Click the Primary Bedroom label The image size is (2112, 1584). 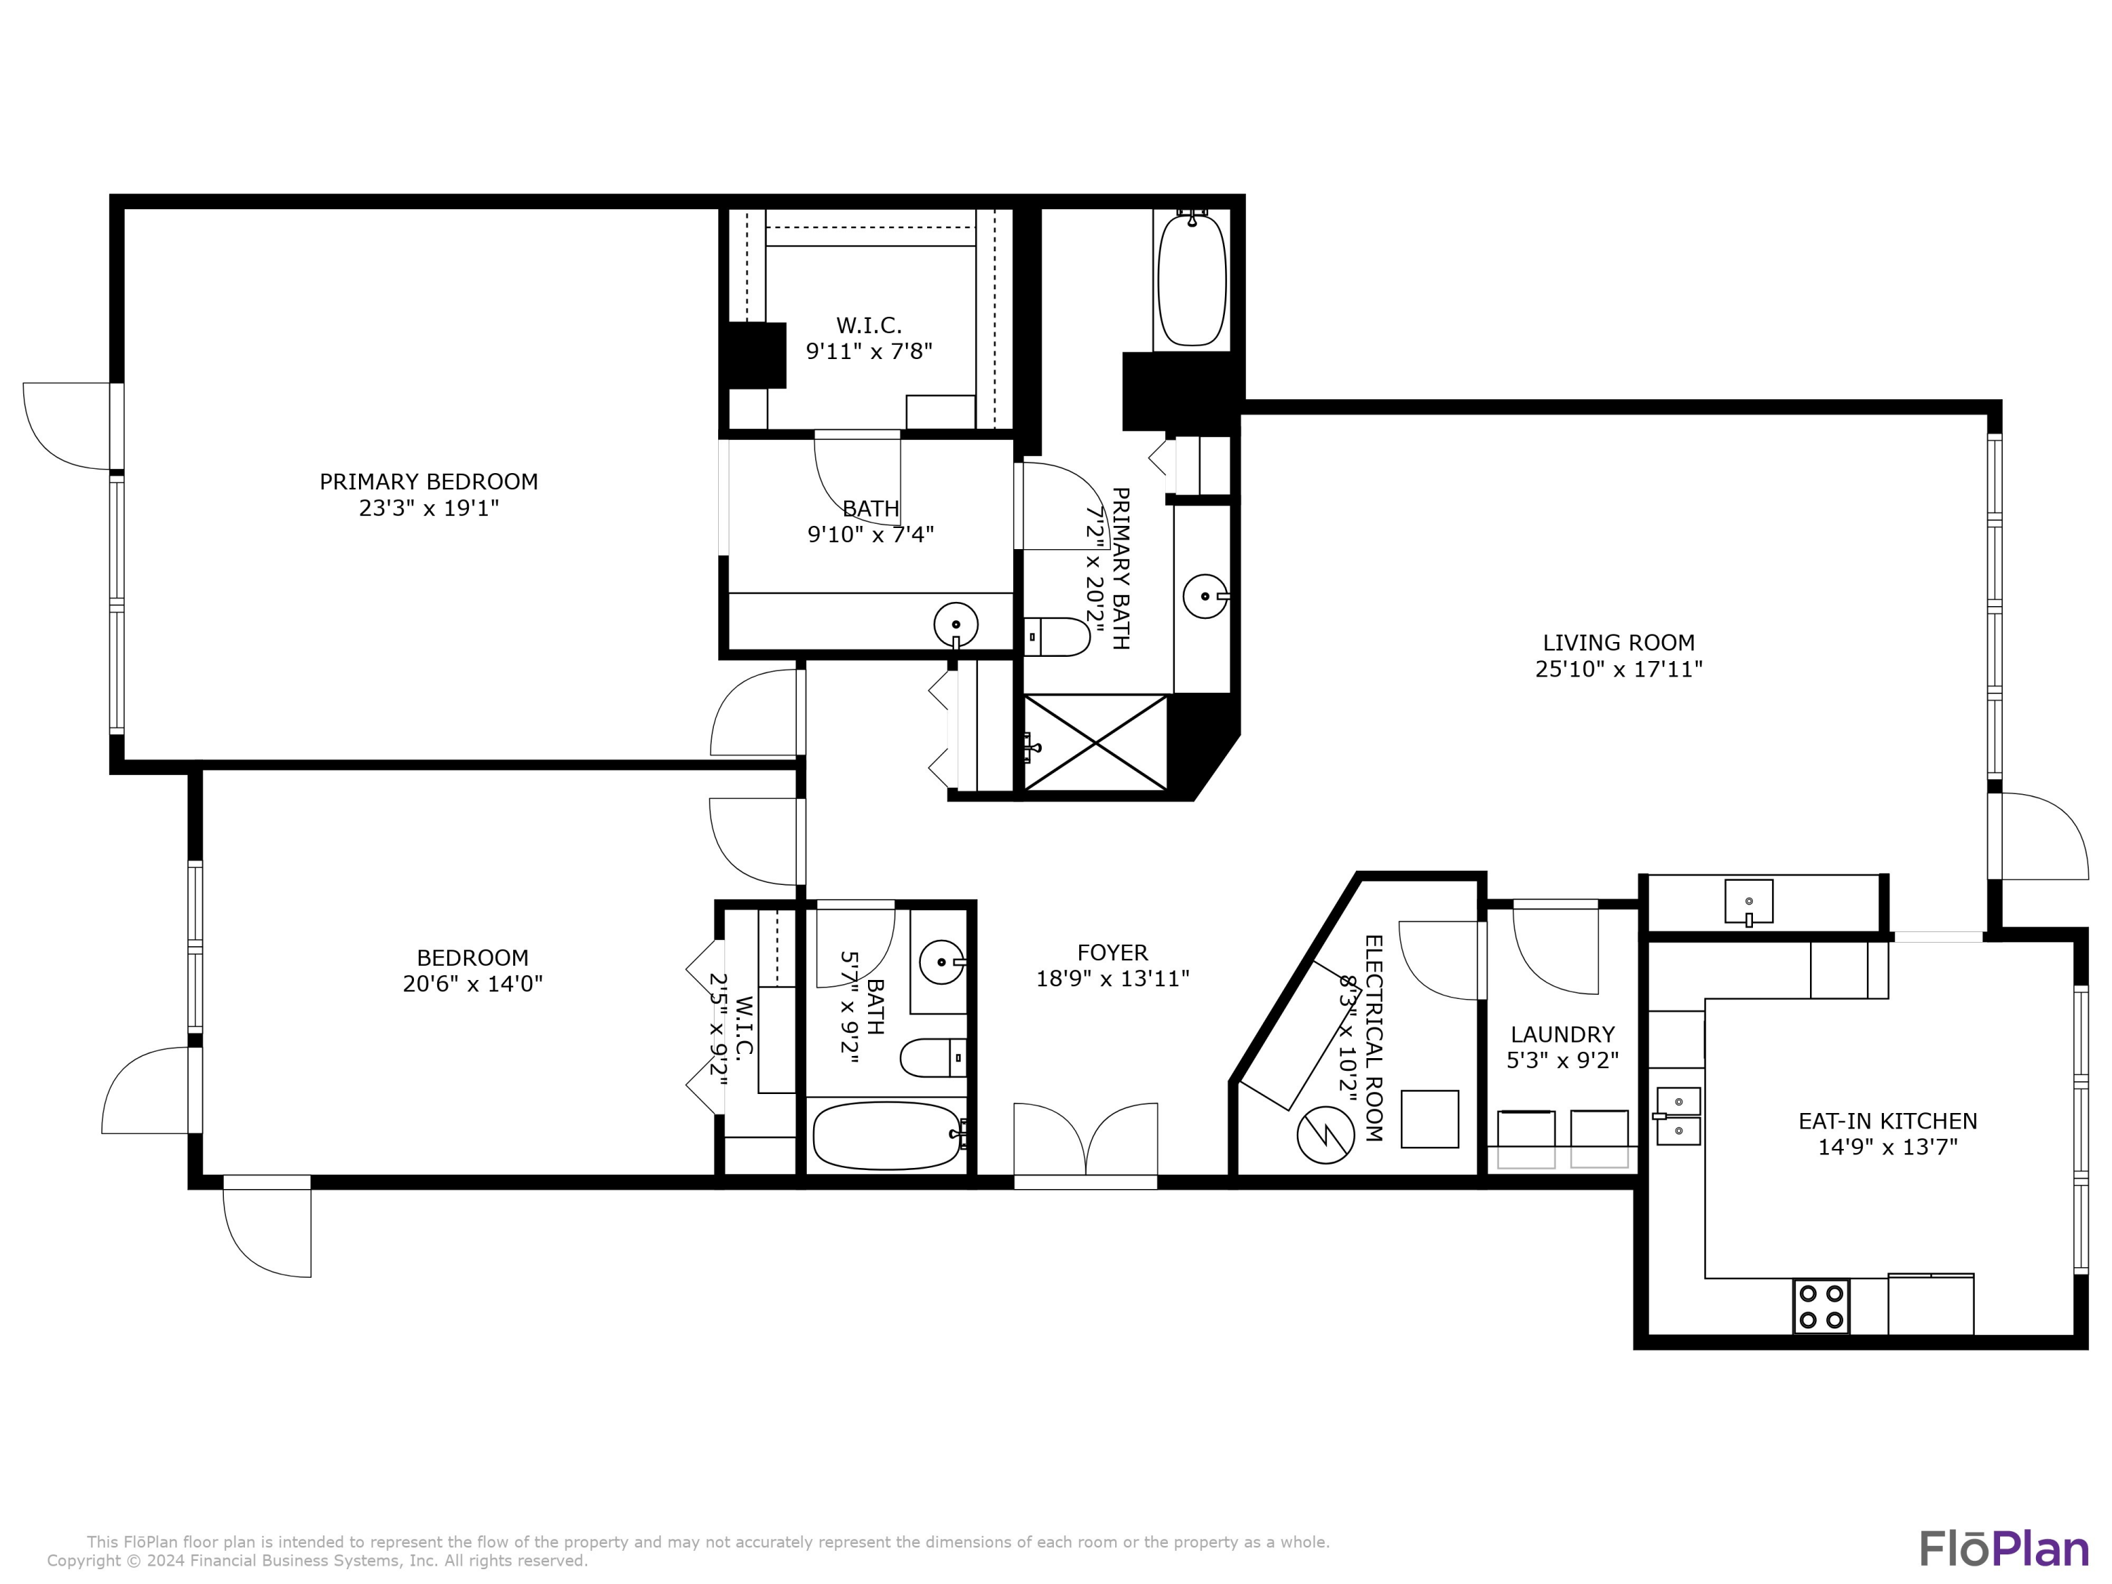(x=429, y=482)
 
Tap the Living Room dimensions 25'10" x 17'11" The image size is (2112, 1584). (x=1618, y=670)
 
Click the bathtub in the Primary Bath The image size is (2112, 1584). (x=1192, y=279)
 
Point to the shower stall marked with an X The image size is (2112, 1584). (x=1095, y=743)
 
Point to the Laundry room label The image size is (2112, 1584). (x=1562, y=1034)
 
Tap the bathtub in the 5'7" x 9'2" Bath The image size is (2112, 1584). (x=886, y=1136)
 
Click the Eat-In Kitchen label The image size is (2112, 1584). (x=1887, y=1121)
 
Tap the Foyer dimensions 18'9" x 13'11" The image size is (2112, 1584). (x=1112, y=979)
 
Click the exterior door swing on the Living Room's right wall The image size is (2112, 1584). (x=2042, y=836)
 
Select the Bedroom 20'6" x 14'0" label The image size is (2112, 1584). (x=472, y=957)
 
